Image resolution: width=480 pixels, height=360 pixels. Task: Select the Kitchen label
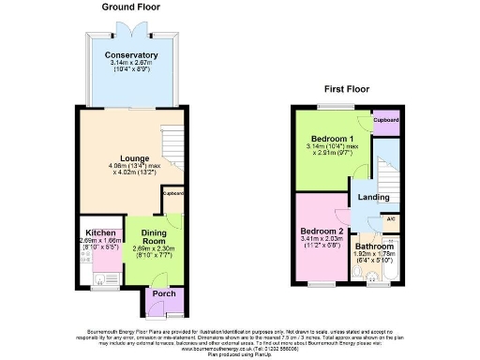point(100,232)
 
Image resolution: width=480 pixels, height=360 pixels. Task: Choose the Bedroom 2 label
point(321,231)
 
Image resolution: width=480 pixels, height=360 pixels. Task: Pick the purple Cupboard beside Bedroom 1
point(385,121)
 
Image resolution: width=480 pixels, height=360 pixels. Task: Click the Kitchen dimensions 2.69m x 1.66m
point(100,242)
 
